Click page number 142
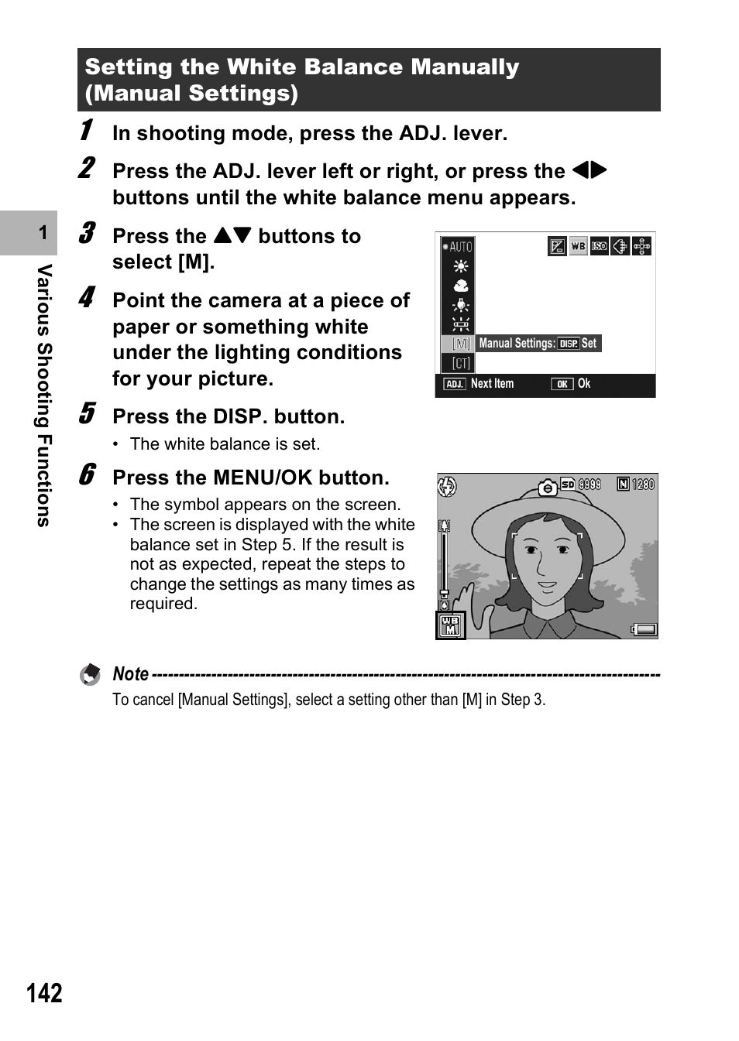pyautogui.click(x=44, y=993)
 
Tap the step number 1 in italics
pyautogui.click(x=87, y=130)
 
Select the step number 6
pyautogui.click(x=88, y=474)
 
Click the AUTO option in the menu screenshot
pyautogui.click(x=458, y=247)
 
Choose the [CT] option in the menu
pyautogui.click(x=461, y=363)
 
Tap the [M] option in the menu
pyautogui.click(x=461, y=344)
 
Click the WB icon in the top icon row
pyautogui.click(x=578, y=247)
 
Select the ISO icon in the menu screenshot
pyautogui.click(x=600, y=247)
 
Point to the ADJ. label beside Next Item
pyautogui.click(x=454, y=384)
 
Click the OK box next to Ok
pyautogui.click(x=562, y=384)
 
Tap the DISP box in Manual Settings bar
pyautogui.click(x=569, y=344)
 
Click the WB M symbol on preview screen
pyautogui.click(x=450, y=625)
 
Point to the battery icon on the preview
pyautogui.click(x=644, y=629)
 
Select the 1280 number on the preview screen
pyautogui.click(x=643, y=485)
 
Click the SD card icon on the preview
pyautogui.click(x=568, y=485)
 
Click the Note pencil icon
pyautogui.click(x=91, y=675)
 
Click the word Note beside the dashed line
pyautogui.click(x=130, y=674)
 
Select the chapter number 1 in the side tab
pyautogui.click(x=43, y=232)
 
